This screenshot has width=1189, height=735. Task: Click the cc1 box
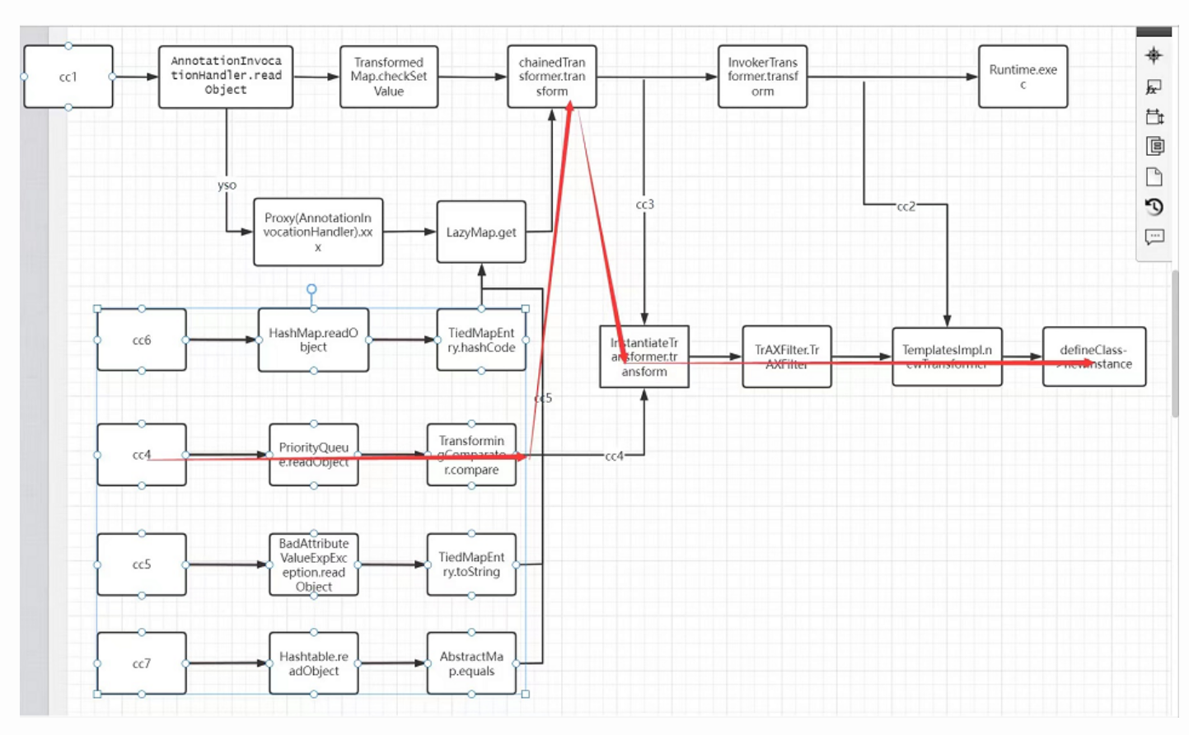click(x=68, y=77)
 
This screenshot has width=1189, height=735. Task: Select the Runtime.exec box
click(x=1023, y=77)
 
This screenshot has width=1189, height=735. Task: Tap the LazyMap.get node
click(x=481, y=232)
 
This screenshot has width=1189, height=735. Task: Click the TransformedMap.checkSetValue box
click(x=388, y=77)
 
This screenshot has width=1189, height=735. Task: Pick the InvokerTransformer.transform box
click(x=762, y=77)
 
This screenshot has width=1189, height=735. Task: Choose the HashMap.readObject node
click(x=313, y=339)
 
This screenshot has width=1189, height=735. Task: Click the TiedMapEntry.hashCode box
click(x=481, y=339)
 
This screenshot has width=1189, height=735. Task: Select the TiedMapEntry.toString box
click(x=471, y=564)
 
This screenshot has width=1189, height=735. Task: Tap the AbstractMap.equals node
click(x=471, y=663)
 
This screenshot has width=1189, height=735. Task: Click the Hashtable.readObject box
click(x=313, y=663)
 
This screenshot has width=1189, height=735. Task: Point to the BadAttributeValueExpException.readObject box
click(x=313, y=564)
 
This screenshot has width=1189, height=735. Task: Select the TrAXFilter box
click(x=786, y=357)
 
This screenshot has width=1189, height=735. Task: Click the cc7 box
click(x=142, y=663)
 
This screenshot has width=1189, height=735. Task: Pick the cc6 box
click(x=142, y=339)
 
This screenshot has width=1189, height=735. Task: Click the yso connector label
click(x=227, y=185)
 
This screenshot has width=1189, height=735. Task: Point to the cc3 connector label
click(x=644, y=204)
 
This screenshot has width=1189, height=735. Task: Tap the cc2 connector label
click(x=906, y=207)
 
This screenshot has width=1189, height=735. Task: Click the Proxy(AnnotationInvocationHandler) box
click(x=318, y=232)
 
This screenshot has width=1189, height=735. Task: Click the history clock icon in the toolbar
click(x=1154, y=207)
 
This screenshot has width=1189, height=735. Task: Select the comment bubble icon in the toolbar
click(x=1154, y=237)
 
